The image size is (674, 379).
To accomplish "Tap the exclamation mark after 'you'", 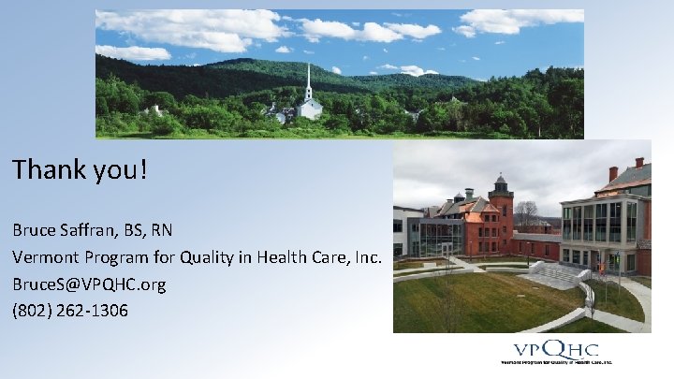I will (145, 169).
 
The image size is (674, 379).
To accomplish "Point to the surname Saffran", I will (89, 229).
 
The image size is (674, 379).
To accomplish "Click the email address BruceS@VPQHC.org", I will (88, 284).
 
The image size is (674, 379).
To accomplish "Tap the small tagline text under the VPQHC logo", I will (556, 362).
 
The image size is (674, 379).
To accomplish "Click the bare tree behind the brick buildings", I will (526, 213).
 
